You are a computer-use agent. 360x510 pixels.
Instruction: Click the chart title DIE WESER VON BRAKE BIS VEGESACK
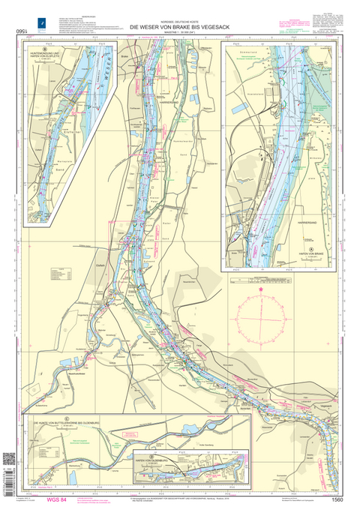(x=180, y=26)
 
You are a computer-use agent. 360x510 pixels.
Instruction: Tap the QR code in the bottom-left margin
(x=10, y=458)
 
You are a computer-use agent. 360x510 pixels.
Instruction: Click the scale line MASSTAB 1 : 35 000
(x=180, y=32)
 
